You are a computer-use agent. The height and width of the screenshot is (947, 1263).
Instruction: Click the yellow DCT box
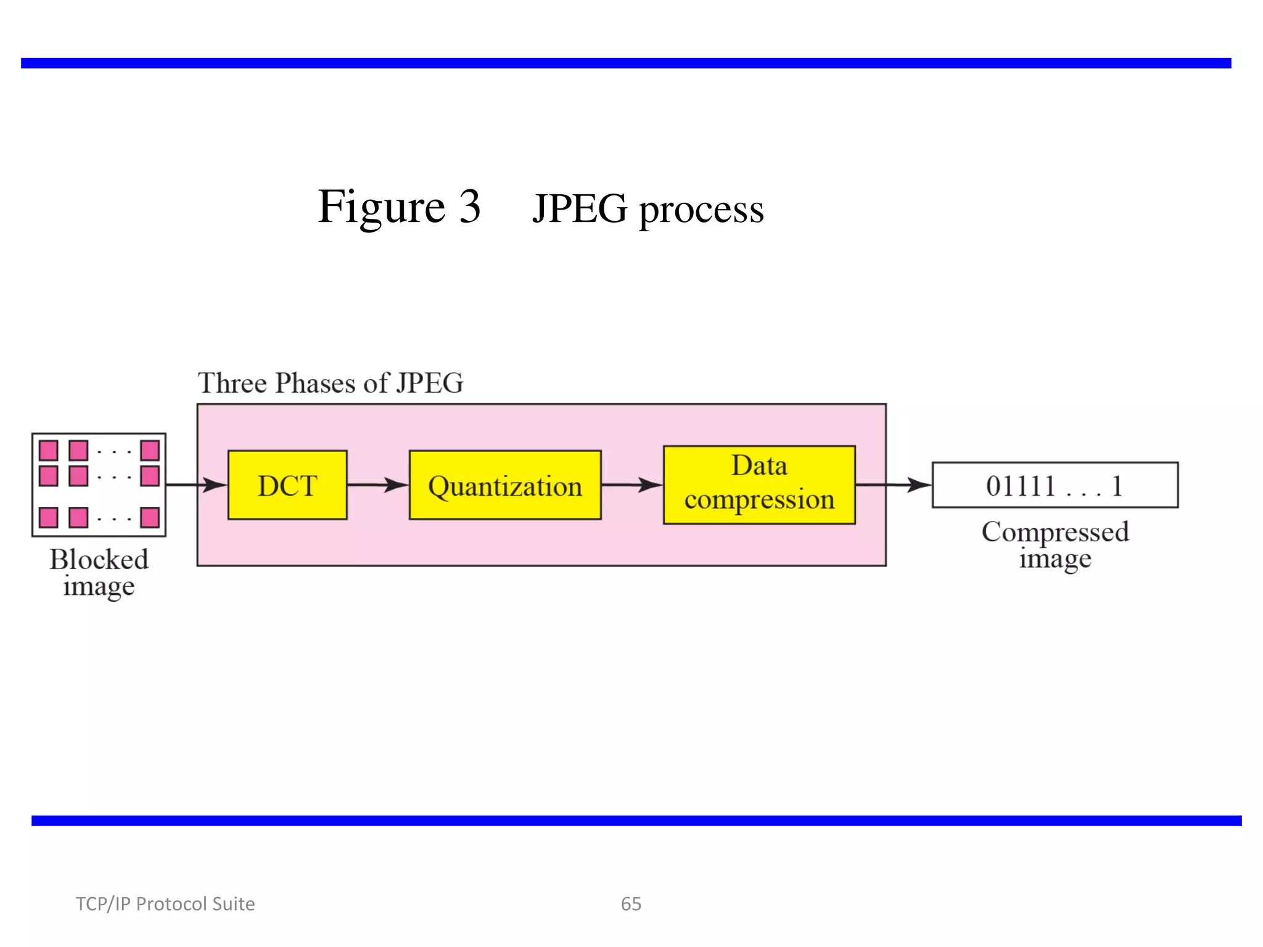pos(287,485)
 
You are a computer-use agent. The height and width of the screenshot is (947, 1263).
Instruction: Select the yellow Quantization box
pos(505,485)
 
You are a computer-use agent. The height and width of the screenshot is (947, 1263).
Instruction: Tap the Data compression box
pos(759,485)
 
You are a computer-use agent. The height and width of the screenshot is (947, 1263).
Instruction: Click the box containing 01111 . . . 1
pos(1055,485)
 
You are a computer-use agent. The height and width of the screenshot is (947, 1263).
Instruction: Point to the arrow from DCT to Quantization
pos(378,485)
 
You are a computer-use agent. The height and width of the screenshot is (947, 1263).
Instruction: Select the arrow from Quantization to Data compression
pos(632,485)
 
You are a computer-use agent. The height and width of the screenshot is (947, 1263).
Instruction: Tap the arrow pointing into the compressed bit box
pos(894,485)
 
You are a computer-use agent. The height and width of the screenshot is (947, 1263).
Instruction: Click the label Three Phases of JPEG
pos(331,383)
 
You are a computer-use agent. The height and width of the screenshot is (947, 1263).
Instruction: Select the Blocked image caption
pos(99,572)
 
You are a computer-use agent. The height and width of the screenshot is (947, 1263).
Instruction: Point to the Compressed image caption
pos(1055,545)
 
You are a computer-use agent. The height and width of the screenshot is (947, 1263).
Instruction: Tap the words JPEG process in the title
pos(648,209)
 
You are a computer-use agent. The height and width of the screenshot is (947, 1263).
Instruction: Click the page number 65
pos(631,904)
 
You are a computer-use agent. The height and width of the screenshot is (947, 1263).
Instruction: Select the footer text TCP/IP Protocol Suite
pos(165,904)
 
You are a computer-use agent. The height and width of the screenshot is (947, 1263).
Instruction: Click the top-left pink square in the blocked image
pos(49,451)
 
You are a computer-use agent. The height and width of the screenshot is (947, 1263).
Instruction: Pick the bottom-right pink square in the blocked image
pos(150,517)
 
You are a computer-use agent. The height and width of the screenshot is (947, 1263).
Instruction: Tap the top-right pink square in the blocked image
pos(150,451)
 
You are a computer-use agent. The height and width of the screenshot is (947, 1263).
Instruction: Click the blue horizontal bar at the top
pos(626,63)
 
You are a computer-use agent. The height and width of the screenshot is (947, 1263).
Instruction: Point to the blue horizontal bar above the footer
pos(636,821)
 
